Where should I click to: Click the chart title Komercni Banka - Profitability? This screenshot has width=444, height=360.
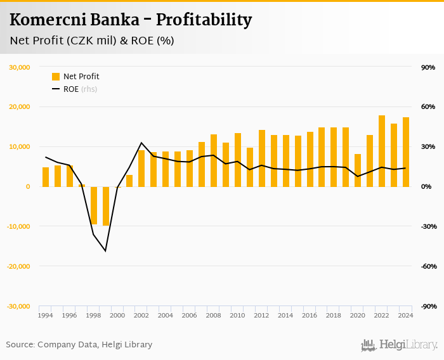click(131, 20)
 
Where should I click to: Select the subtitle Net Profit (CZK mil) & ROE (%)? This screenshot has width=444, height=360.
click(92, 41)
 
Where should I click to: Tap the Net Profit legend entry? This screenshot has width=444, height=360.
click(75, 77)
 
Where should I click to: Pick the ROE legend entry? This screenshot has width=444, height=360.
click(70, 89)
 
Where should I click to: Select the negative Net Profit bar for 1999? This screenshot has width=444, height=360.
click(106, 206)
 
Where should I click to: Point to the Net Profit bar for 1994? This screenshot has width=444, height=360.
click(46, 177)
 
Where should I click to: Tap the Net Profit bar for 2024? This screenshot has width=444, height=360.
click(406, 152)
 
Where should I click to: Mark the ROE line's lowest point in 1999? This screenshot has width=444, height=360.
click(106, 251)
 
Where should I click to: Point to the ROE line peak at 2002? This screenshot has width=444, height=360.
click(141, 143)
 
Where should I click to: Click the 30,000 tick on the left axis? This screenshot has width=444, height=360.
click(19, 67)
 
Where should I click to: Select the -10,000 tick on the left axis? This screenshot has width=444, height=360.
click(18, 226)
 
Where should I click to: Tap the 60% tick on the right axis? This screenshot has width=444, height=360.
click(427, 107)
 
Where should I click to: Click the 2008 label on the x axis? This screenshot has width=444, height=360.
click(214, 315)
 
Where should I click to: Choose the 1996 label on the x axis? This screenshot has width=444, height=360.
click(70, 315)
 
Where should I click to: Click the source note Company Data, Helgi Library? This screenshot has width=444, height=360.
click(79, 345)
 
